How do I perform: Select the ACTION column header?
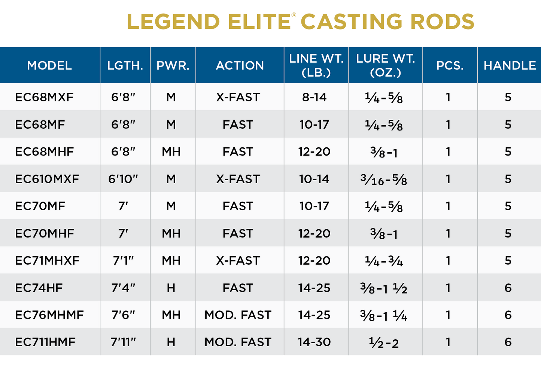tap(240, 65)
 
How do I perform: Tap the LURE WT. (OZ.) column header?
tap(385, 65)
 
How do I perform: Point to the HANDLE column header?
tap(510, 65)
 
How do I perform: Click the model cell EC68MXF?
tap(44, 97)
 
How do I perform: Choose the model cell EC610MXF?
tap(47, 179)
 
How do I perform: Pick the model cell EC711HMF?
tap(45, 342)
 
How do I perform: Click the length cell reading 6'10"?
tap(123, 179)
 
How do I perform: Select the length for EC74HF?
tap(123, 288)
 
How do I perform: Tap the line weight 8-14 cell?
tap(314, 97)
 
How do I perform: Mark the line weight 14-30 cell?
tap(314, 342)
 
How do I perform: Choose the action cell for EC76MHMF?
tap(238, 315)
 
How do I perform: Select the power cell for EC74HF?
tap(171, 288)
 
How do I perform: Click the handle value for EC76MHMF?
tap(508, 315)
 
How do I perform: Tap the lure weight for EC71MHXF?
tap(384, 261)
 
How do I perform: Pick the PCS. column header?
tap(450, 65)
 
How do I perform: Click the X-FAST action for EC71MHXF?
tap(238, 261)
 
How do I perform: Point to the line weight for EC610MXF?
tap(314, 179)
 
